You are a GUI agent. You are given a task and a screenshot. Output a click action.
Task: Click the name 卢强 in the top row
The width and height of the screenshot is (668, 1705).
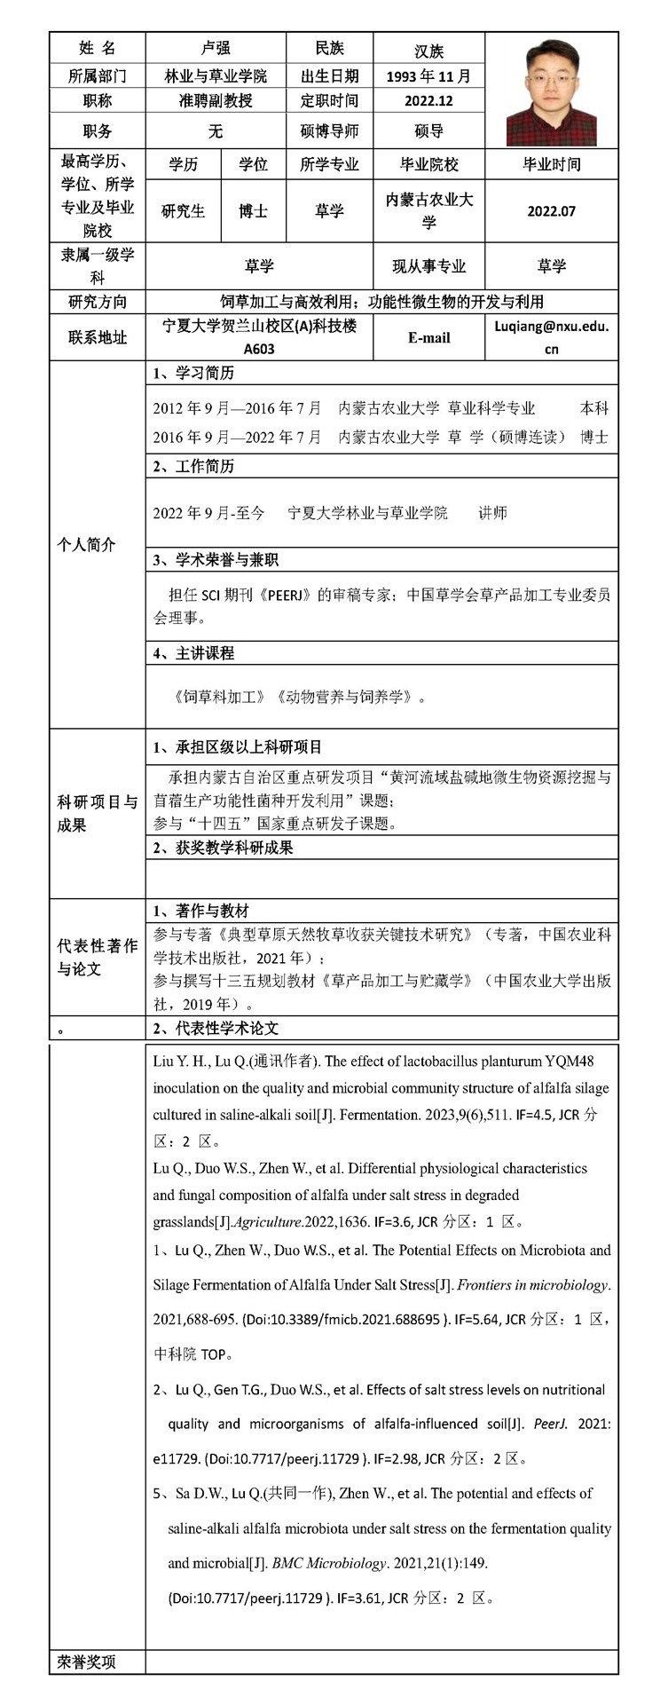point(215,48)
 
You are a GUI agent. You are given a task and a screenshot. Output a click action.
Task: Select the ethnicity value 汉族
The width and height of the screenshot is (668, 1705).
point(428,52)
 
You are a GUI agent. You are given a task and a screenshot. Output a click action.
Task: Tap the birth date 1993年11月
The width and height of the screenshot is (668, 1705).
point(428,76)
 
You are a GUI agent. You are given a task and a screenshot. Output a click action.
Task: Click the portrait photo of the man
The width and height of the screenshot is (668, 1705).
point(551,92)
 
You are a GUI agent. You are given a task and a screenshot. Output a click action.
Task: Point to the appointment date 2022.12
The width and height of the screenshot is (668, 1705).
point(428,101)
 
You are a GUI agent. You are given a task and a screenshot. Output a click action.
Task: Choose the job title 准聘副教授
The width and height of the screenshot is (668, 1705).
point(215,101)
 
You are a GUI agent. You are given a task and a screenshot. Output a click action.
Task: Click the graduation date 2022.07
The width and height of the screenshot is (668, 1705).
point(551,211)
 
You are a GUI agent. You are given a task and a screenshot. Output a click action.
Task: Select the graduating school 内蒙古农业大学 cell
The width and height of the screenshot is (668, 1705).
point(428,210)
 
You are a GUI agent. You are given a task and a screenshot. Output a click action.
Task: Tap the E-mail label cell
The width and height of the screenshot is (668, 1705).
point(428,338)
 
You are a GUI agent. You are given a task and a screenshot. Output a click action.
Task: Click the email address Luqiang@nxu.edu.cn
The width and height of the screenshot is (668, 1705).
point(551,337)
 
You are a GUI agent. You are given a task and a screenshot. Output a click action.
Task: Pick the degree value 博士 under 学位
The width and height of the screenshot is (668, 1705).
point(253,211)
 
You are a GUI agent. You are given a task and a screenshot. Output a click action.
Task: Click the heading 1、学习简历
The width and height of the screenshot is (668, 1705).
point(194,373)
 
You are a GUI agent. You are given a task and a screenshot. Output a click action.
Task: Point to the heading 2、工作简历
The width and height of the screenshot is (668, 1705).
point(194,466)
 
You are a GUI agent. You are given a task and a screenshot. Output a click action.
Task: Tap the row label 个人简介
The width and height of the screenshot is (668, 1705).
point(87,545)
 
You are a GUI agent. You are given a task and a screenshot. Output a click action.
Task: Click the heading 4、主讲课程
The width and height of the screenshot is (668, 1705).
point(194,653)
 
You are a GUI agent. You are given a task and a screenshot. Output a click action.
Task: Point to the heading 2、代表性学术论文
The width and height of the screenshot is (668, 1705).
point(216,1028)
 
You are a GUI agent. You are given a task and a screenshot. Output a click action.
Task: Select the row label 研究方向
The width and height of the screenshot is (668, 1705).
point(97,302)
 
